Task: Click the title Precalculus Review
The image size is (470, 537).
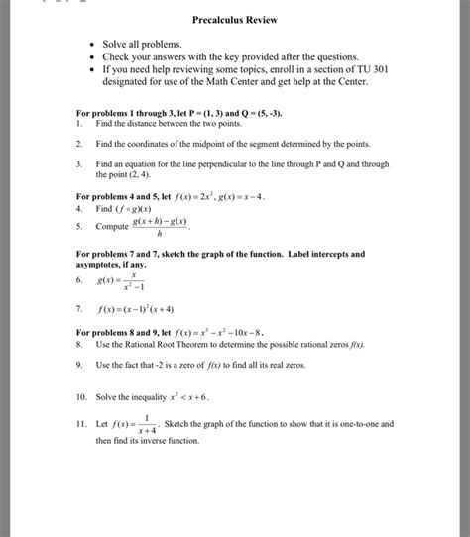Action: coord(234,20)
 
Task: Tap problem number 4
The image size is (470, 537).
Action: coord(78,210)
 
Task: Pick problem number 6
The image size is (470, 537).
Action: coord(78,281)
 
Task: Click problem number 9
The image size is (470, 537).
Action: coord(78,365)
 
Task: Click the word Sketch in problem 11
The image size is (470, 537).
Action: coord(179,423)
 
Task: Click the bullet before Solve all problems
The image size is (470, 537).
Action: coord(90,46)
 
